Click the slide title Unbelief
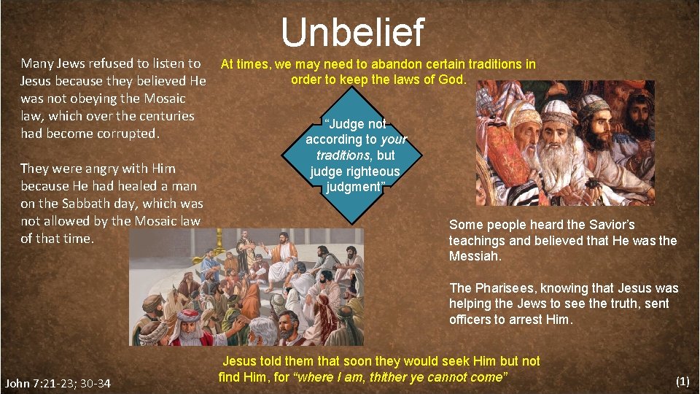(x=351, y=33)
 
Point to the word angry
(x=87, y=169)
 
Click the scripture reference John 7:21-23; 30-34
(x=58, y=383)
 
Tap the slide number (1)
(x=682, y=381)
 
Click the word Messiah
(x=475, y=256)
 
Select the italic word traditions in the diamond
(x=343, y=155)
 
